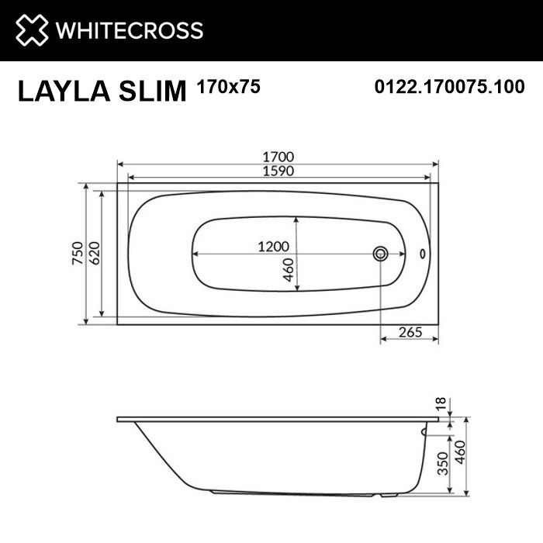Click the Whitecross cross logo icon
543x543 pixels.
[29, 30]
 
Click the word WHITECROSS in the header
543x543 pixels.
[129, 31]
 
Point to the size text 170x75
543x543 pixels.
[230, 87]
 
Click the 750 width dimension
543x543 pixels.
[78, 254]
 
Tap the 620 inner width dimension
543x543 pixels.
[94, 254]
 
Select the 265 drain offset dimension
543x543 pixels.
[410, 333]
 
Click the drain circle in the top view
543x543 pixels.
[381, 254]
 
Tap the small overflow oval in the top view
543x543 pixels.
[423, 254]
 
